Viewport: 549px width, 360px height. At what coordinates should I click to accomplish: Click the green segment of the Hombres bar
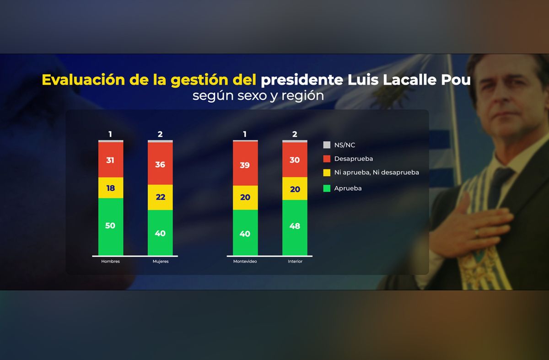110,226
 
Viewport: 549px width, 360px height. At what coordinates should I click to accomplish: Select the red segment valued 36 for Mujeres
160,164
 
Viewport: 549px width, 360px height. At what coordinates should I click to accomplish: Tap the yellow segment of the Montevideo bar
245,198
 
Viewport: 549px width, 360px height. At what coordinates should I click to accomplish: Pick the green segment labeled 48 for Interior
295,227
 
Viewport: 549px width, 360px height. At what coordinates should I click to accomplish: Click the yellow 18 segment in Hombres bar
110,188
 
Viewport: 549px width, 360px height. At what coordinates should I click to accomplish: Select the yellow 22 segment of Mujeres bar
160,197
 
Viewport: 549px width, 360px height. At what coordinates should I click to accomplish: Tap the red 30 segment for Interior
295,160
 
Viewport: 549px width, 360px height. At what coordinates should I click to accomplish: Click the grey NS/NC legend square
327,145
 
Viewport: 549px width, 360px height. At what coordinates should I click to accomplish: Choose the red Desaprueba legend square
327,159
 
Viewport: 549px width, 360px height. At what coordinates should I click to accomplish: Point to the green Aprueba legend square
327,188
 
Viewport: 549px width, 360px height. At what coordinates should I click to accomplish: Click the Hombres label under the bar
110,262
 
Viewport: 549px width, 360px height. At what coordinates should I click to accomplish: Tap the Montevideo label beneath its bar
245,262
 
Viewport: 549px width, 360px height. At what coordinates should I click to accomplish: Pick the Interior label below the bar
295,262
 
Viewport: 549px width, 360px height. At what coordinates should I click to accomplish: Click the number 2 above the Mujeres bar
160,134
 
